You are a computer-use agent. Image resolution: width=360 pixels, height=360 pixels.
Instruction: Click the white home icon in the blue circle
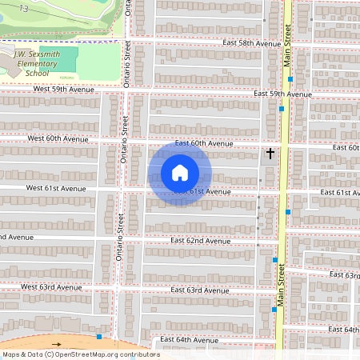click(180, 173)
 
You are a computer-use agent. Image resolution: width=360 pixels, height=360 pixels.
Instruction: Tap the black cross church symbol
click(270, 152)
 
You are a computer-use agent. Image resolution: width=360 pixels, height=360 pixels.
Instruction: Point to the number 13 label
click(25, 7)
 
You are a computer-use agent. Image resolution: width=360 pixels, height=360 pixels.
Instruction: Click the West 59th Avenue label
click(59, 90)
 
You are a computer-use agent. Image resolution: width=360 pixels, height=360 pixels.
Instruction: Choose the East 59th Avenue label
click(282, 94)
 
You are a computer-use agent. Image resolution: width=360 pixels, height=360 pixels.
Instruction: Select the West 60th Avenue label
click(59, 139)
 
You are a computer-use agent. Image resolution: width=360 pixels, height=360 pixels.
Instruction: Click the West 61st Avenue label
click(55, 188)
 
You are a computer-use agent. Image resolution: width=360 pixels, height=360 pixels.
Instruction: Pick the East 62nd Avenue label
click(201, 241)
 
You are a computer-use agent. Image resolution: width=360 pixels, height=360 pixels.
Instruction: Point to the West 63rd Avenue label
click(53, 286)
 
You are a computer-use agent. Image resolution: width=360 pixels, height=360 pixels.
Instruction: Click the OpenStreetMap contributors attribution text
click(81, 354)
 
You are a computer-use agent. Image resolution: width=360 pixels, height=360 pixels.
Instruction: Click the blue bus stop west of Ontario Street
click(98, 337)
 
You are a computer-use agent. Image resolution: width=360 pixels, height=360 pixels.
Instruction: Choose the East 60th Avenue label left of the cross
click(203, 143)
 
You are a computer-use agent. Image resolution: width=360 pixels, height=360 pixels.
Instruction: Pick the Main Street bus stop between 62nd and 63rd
click(275, 260)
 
